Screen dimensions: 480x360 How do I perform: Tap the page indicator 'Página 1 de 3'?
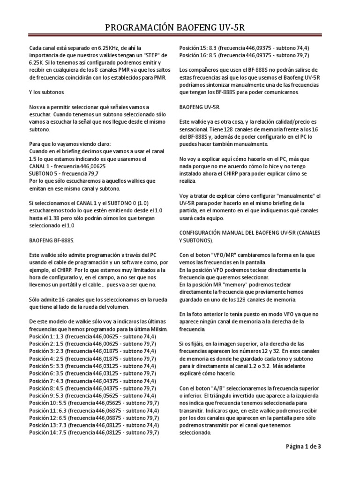pyautogui.click(x=303, y=446)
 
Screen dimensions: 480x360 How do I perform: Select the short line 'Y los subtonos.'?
pyautogui.click(x=49, y=93)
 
